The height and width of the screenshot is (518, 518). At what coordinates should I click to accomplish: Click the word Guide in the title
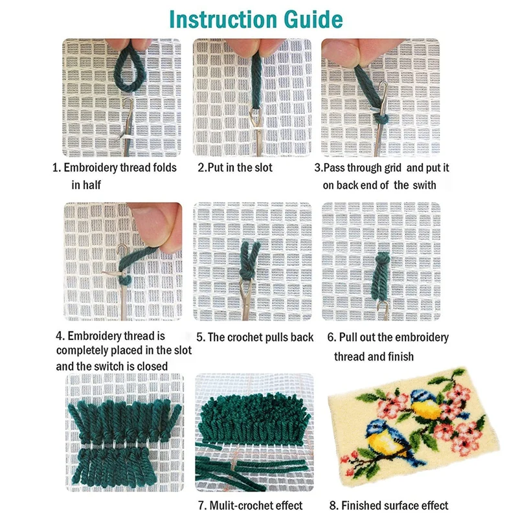coord(313,19)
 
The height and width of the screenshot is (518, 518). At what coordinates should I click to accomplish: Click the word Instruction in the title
coord(223,19)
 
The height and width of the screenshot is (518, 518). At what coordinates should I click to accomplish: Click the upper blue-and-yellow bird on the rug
coord(425,405)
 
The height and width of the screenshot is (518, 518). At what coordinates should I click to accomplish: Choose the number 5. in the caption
coord(201,337)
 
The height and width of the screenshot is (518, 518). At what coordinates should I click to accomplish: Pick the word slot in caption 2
coord(263,168)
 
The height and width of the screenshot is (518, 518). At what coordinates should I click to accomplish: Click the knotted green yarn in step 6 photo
coord(381,276)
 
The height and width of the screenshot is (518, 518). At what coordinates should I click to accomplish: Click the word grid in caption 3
coord(393,168)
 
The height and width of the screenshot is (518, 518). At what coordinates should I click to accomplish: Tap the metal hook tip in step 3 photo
coord(383,85)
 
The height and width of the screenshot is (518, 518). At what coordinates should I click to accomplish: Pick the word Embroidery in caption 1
coord(91,168)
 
